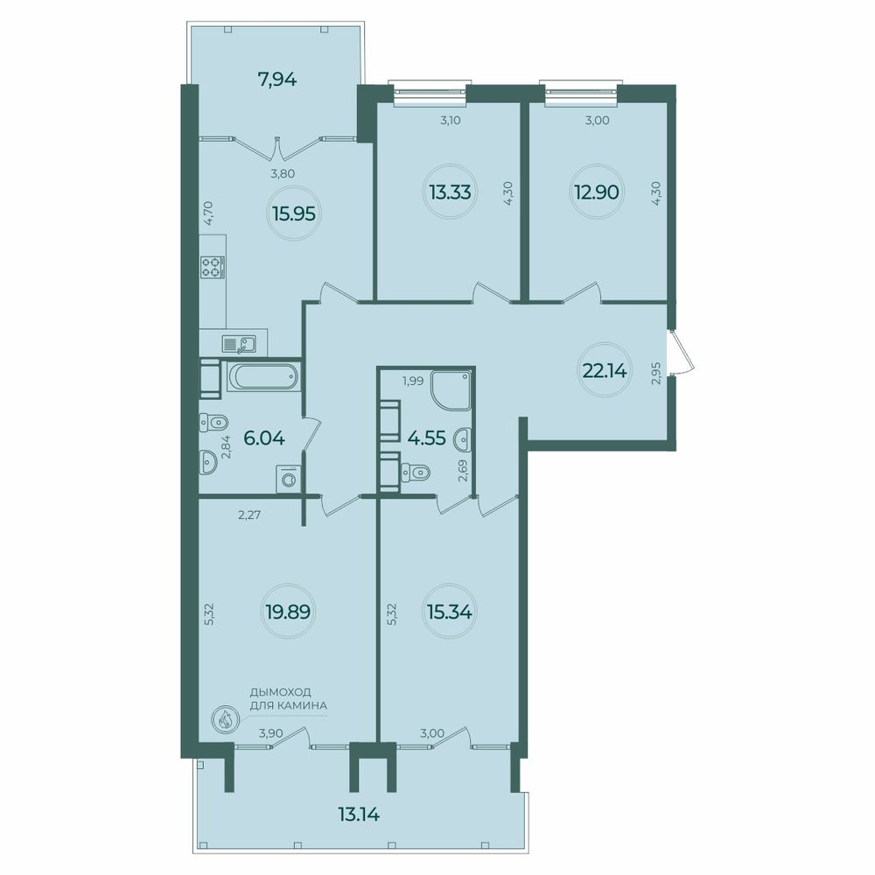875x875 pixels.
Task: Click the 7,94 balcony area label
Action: [x=276, y=80]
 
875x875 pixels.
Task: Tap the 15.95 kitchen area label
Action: [x=294, y=213]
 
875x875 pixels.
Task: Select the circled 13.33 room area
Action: [x=450, y=192]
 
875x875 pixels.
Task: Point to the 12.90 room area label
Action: [x=597, y=192]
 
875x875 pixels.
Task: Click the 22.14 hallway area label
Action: [x=605, y=370]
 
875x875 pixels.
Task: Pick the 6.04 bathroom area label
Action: [x=264, y=438]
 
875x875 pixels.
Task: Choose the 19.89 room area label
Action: [x=288, y=612]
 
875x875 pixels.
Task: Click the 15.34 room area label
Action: [x=449, y=612]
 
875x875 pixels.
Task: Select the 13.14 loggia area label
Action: [x=359, y=815]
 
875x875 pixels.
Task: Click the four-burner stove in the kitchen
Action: [x=213, y=267]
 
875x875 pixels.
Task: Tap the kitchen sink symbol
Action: [x=239, y=344]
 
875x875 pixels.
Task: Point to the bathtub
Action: [x=262, y=377]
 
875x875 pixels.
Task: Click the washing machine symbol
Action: [x=289, y=479]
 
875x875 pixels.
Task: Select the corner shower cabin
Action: [x=451, y=389]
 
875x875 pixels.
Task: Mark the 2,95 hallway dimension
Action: [x=656, y=374]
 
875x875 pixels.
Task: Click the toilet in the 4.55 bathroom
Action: [x=415, y=472]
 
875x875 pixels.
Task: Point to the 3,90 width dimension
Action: [x=270, y=733]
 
